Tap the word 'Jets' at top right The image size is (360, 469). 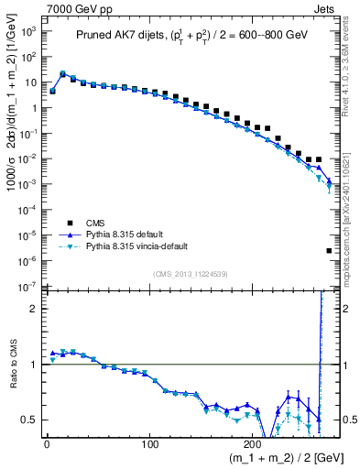click(x=325, y=7)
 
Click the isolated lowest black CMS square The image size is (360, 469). click(x=328, y=251)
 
